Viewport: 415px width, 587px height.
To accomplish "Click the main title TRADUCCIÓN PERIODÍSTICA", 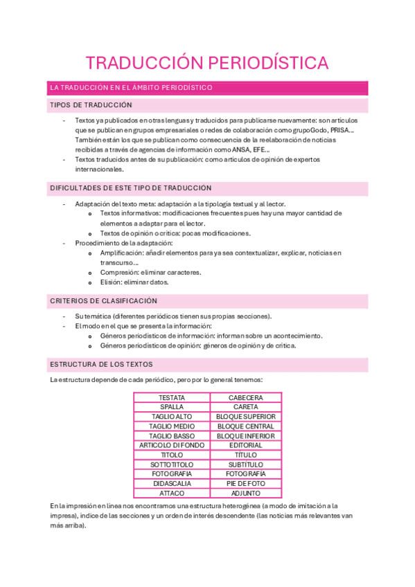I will [207, 63].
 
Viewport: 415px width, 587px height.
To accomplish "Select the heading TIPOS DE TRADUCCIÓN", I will [91, 105].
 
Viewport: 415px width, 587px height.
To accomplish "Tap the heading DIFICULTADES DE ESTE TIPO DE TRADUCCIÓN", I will [130, 188].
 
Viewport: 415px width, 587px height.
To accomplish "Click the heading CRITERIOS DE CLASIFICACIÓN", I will [103, 301].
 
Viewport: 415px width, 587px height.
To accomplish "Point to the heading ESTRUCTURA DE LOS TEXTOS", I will [101, 364].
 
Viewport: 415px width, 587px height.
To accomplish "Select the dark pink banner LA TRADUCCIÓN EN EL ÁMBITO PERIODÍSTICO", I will [130, 88].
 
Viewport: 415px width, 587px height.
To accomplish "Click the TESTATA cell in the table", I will [171, 398].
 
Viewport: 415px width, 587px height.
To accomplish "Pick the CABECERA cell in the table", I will [245, 398].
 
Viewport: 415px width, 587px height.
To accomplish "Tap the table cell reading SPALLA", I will [171, 408].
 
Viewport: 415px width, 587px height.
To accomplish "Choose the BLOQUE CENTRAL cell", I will [245, 426].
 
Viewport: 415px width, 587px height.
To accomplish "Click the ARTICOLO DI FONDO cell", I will [171, 446].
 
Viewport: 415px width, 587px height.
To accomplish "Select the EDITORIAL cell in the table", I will [245, 446].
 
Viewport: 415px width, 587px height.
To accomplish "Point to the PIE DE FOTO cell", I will [245, 484].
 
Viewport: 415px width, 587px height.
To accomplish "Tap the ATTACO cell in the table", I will [171, 494].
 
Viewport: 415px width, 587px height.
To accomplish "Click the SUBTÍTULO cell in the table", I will [245, 464].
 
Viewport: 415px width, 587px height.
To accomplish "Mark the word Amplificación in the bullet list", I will [123, 253].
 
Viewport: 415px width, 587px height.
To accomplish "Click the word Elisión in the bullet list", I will [112, 282].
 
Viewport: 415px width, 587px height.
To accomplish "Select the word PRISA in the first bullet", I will [342, 130].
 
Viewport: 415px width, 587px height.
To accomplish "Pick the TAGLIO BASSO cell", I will [171, 436].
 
